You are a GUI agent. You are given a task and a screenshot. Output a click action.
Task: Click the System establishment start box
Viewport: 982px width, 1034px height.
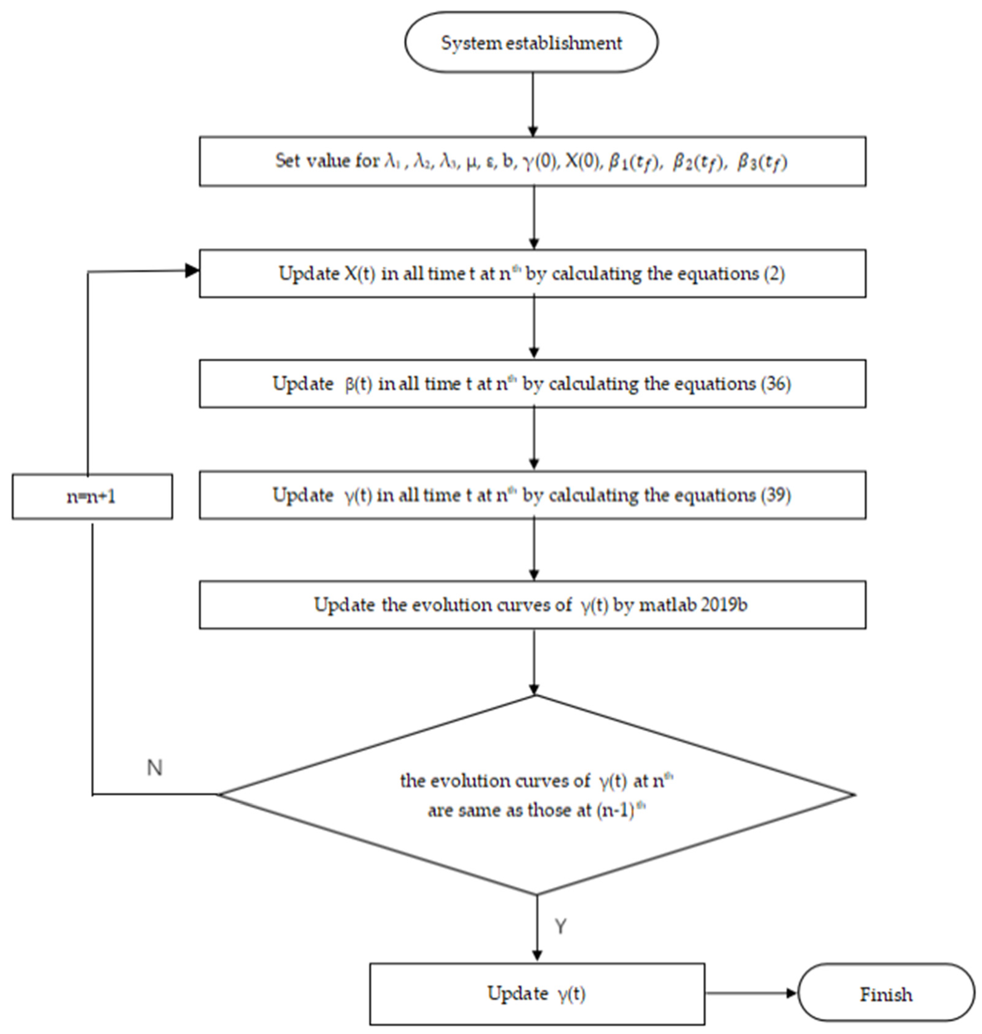(531, 42)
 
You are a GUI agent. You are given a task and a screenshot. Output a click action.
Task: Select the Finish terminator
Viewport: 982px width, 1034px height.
(886, 994)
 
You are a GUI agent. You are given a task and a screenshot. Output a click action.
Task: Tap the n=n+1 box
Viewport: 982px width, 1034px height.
(92, 496)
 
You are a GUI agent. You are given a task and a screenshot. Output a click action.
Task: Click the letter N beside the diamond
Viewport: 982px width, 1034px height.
(154, 768)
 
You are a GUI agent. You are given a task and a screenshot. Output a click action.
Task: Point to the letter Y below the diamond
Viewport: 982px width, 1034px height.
(560, 926)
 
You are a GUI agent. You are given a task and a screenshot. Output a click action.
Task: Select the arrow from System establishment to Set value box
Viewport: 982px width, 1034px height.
(533, 105)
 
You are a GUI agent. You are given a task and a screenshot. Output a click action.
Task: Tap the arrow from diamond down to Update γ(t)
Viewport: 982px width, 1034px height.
(537, 929)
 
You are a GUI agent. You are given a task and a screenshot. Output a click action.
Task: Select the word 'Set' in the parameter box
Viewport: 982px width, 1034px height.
(287, 161)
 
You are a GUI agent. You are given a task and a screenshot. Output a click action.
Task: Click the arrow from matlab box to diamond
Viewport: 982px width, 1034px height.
(534, 662)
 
